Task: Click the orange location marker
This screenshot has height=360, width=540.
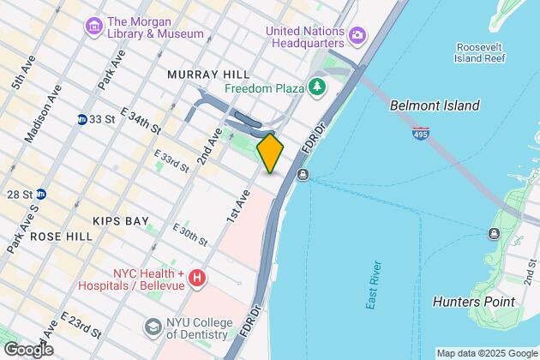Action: point(270,153)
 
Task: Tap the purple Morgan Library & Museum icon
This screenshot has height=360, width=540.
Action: point(93,27)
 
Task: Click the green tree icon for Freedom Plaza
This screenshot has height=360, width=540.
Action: point(318,87)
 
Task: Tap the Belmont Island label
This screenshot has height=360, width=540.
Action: point(434,106)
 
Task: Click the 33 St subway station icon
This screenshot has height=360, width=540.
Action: point(82,119)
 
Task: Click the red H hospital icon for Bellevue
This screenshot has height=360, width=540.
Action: point(198,277)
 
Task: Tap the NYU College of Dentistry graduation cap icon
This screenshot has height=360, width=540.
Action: point(153,326)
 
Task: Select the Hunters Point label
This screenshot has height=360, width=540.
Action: point(473,302)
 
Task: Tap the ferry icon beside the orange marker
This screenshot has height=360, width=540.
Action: point(303,175)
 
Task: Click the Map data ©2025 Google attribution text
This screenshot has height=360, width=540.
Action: point(485,353)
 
